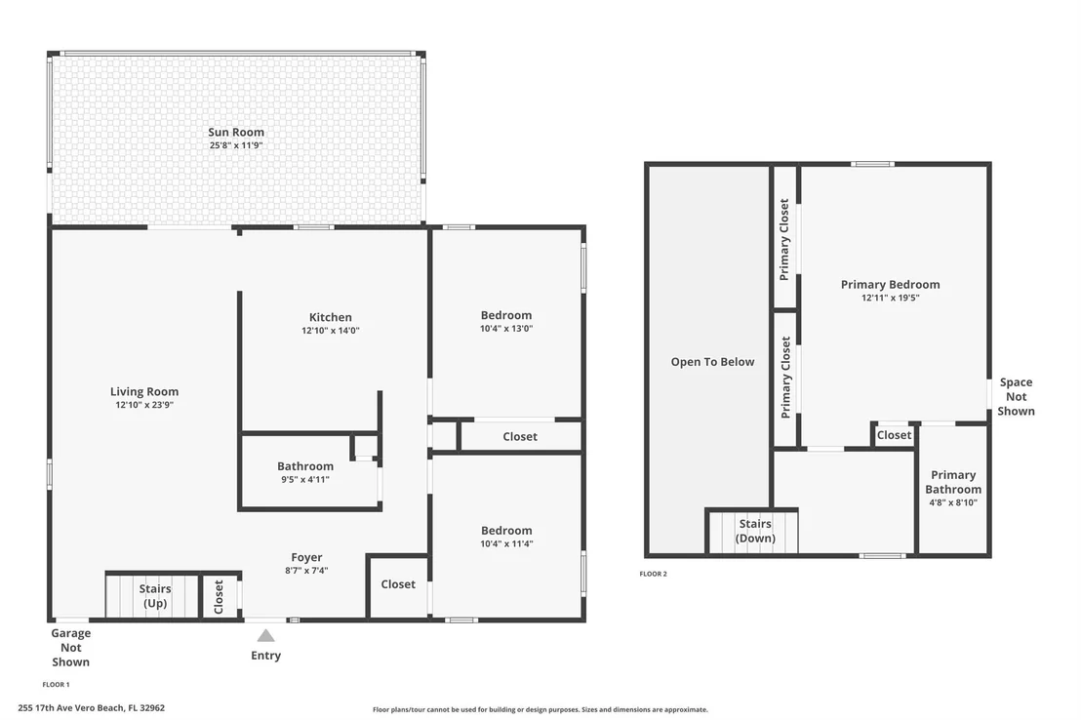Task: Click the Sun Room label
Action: pos(236,132)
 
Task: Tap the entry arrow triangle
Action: pos(266,636)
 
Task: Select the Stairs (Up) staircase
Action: pos(152,596)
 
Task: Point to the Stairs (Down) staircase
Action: pos(753,532)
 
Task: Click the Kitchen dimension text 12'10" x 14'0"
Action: pos(330,331)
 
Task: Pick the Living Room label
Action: pos(144,391)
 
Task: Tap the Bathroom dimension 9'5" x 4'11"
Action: pos(305,479)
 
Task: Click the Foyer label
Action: pos(306,557)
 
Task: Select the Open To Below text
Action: pos(713,361)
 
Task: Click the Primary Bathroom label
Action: pos(953,482)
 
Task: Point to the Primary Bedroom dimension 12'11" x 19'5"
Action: pos(890,298)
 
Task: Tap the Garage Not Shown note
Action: pos(70,647)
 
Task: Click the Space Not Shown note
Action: pos(1016,396)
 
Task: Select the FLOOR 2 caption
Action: pos(653,574)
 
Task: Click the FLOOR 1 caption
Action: pos(56,685)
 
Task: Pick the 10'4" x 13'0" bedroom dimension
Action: pos(506,328)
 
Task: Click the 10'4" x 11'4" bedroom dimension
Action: pos(506,543)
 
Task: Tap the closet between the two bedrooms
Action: pos(520,436)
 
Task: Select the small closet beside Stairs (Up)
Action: pos(219,596)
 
